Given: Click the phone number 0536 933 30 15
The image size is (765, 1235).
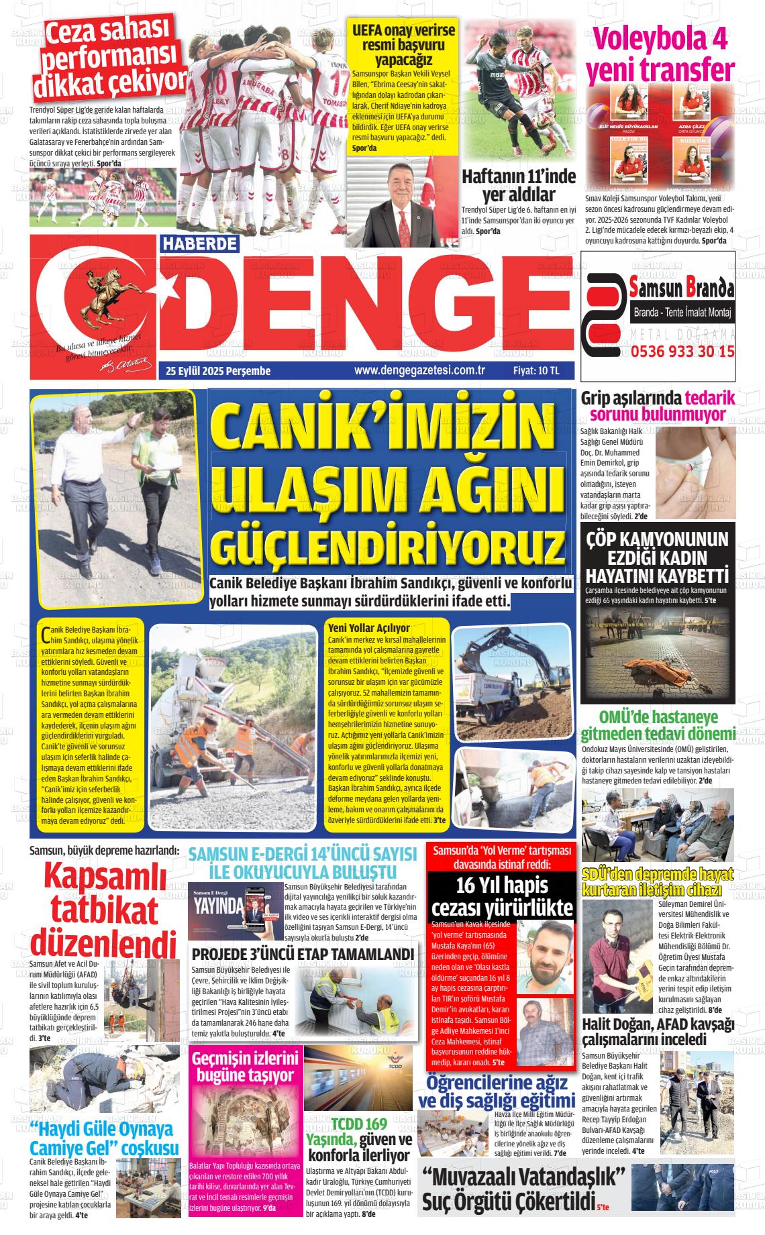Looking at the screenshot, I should (x=682, y=351).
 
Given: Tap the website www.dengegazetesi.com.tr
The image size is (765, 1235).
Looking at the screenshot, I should (x=419, y=370).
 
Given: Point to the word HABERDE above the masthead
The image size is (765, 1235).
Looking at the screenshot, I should (x=199, y=244).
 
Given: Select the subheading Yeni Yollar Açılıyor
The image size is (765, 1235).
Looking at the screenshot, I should (x=368, y=628).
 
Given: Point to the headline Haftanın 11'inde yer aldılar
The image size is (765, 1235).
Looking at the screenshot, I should (x=519, y=186).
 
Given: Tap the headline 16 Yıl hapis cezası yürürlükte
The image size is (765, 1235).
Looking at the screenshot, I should (x=502, y=896).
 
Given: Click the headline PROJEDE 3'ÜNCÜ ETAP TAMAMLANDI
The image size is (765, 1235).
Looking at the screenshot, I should (x=303, y=955).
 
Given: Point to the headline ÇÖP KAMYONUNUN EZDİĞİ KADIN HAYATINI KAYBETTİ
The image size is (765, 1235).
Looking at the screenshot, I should (x=657, y=557).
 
